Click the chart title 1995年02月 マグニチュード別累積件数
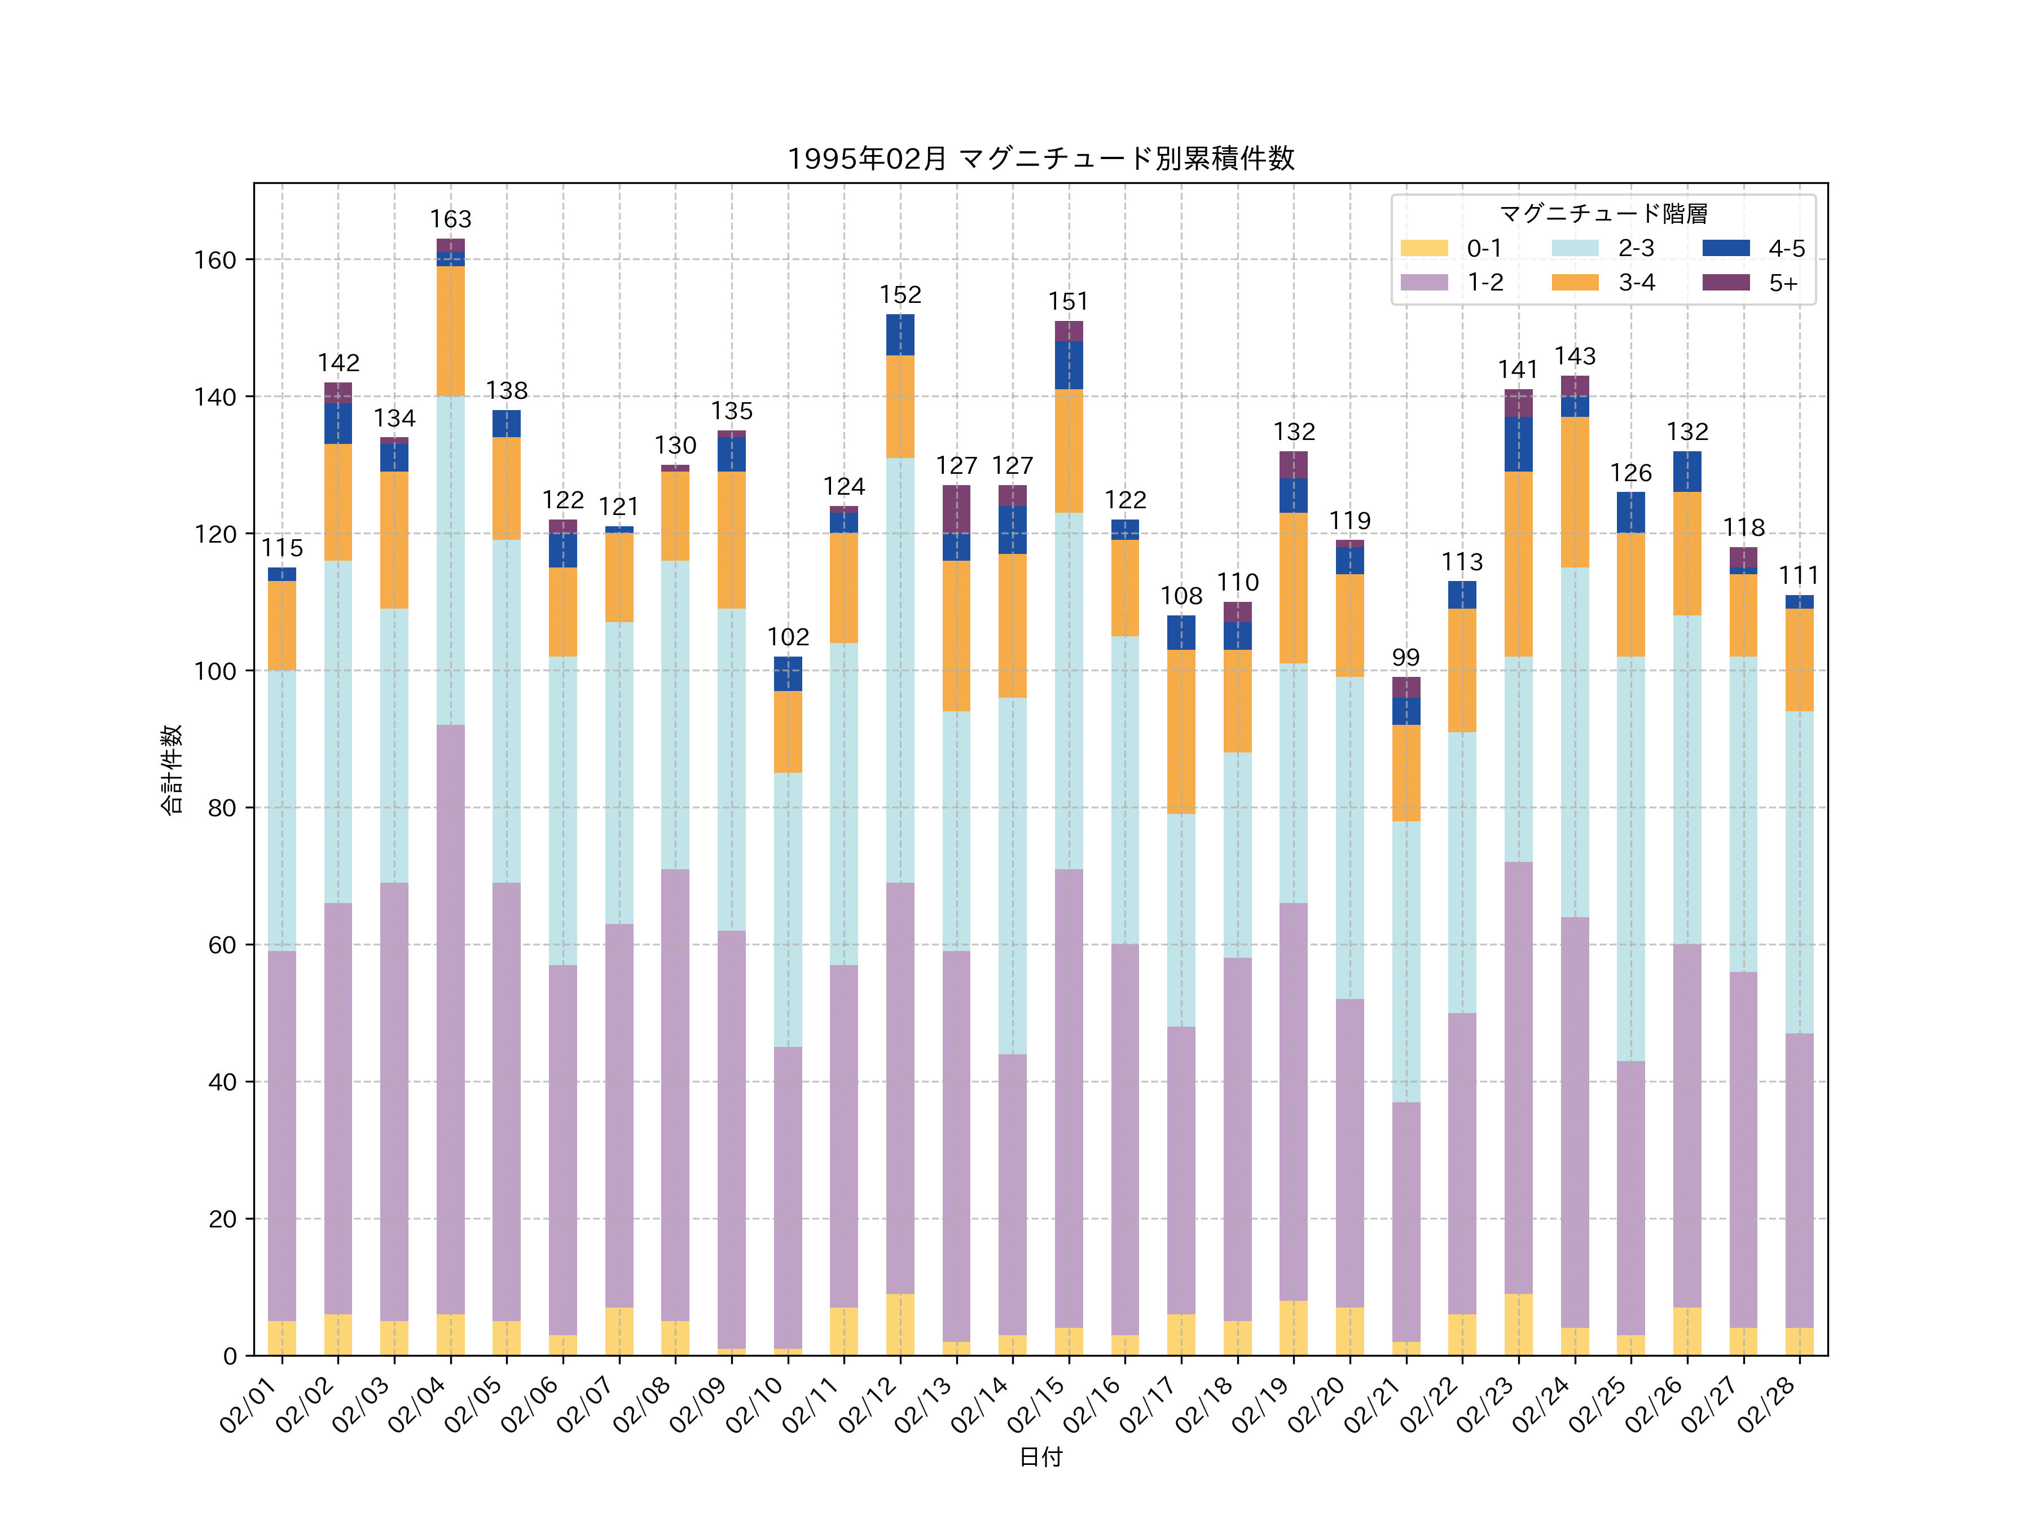pos(1040,159)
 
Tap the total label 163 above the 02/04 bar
pos(451,219)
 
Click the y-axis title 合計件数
pos(172,769)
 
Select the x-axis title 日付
pos(1040,1457)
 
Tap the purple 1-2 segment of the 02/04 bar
pos(451,1019)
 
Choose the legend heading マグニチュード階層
pos(1603,214)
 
